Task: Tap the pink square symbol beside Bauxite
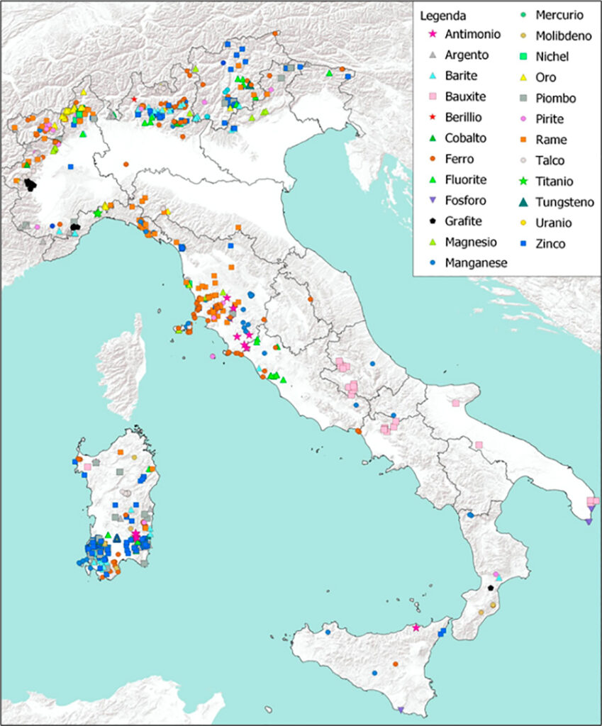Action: [429, 96]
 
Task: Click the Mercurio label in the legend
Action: [559, 14]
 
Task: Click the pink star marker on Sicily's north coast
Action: [416, 627]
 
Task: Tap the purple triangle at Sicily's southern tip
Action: [401, 710]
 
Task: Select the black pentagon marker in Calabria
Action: [491, 588]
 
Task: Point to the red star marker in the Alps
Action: [134, 99]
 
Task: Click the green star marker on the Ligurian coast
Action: [98, 213]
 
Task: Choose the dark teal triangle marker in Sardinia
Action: [117, 537]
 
